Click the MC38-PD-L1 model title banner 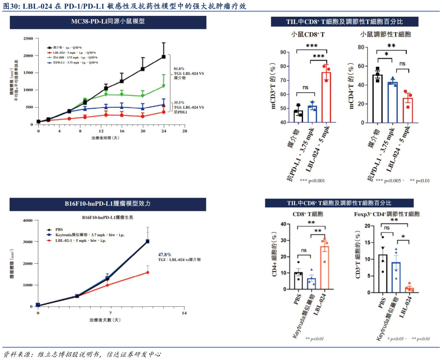(x=108, y=22)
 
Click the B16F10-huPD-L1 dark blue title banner (x=108, y=204)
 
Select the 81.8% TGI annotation (x=179, y=69)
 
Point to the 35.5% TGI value (x=179, y=103)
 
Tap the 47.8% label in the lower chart (x=165, y=254)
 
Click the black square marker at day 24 (x=163, y=57)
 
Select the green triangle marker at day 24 (x=163, y=86)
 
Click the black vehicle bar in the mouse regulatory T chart (x=378, y=99)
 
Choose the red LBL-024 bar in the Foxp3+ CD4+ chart (x=409, y=290)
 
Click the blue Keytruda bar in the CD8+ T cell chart (x=312, y=284)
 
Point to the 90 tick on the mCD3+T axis (x=283, y=52)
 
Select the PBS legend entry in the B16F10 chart (x=58, y=229)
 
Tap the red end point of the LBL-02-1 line (x=147, y=272)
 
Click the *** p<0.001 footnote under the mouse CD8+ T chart (x=313, y=181)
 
